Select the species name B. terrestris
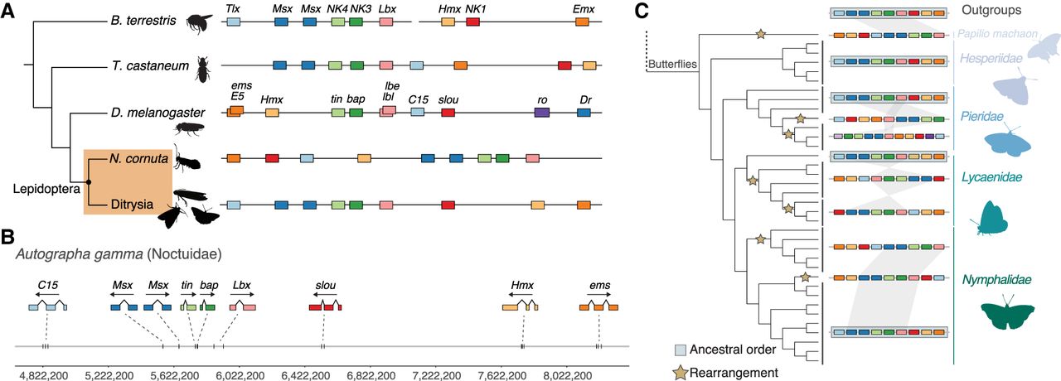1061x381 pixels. click(147, 21)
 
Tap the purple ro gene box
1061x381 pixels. click(542, 113)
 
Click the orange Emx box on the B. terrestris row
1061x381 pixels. click(582, 22)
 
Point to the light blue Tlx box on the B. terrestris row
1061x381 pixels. click(234, 22)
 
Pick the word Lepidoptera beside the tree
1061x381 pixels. click(45, 189)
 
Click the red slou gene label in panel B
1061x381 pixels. click(325, 287)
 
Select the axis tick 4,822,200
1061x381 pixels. click(42, 375)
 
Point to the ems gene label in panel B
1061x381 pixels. click(598, 287)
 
